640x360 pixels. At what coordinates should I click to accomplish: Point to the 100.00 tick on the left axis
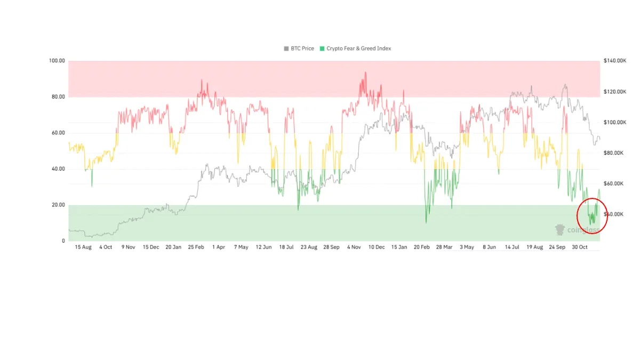pyautogui.click(x=57, y=61)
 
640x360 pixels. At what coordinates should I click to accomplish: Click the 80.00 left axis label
pyautogui.click(x=58, y=97)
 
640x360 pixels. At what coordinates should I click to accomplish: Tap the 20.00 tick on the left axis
pyautogui.click(x=58, y=205)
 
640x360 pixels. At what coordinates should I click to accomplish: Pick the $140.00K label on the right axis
pyautogui.click(x=614, y=61)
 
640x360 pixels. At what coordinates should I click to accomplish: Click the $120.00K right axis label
pyautogui.click(x=614, y=92)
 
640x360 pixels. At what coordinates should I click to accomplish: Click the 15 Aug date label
pyautogui.click(x=83, y=247)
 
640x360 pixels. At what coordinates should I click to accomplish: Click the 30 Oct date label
pyautogui.click(x=580, y=247)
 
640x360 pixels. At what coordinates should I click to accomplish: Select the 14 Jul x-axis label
pyautogui.click(x=512, y=247)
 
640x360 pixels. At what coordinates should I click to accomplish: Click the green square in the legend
pyautogui.click(x=322, y=49)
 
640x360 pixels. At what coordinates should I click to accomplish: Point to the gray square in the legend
pyautogui.click(x=286, y=49)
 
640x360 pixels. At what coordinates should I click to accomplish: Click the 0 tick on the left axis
pyautogui.click(x=63, y=241)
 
